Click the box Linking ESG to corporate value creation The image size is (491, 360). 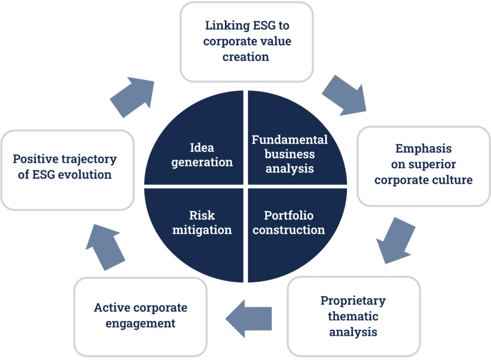246,41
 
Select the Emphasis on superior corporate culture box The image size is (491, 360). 423,165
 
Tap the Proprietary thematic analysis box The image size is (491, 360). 353,316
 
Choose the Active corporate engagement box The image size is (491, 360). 140,315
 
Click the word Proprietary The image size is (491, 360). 353,301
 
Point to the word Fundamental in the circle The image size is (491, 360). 290,140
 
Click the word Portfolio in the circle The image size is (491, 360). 289,216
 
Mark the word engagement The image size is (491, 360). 140,324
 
